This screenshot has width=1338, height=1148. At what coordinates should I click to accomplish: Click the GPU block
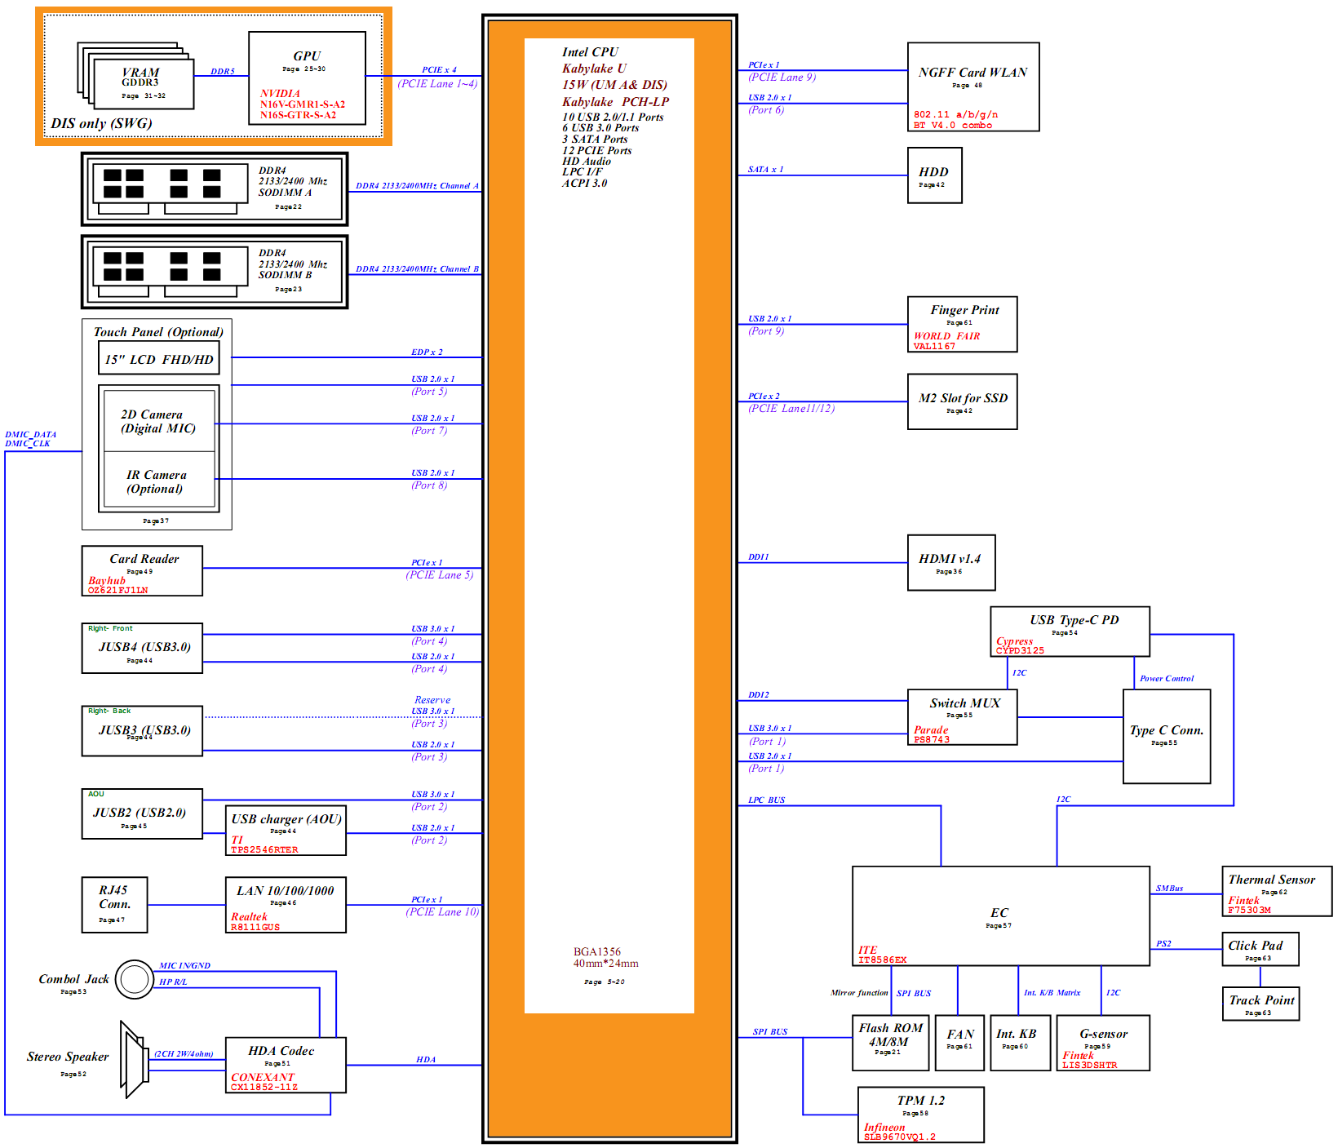tap(307, 78)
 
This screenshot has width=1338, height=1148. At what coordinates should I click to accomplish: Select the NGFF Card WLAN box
tap(972, 86)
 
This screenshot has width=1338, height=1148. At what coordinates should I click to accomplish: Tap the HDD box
tap(934, 175)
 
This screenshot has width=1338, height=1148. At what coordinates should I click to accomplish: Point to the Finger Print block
tap(962, 324)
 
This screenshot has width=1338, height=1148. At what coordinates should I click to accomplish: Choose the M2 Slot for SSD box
tap(962, 401)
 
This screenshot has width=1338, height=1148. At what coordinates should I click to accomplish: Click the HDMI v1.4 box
tap(950, 562)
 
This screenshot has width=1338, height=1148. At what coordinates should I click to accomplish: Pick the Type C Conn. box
tap(1166, 736)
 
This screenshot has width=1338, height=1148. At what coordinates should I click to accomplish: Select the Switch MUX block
tap(962, 716)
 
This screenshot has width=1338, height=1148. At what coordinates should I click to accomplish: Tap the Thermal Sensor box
tap(1276, 891)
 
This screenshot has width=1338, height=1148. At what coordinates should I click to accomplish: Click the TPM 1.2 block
tap(920, 1114)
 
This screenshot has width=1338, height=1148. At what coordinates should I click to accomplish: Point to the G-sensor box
tap(1102, 1042)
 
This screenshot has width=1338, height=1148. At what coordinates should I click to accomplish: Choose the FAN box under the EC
tap(959, 1042)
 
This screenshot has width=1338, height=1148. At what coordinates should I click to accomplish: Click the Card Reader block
tap(142, 570)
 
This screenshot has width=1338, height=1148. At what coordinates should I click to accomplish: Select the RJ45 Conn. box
tap(114, 904)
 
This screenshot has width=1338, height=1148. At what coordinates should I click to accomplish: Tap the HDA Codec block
tap(286, 1064)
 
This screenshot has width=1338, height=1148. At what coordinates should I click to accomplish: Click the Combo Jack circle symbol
tap(135, 979)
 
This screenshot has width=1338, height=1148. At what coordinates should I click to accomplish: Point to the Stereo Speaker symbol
tap(134, 1059)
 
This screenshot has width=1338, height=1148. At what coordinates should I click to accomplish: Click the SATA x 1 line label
tap(765, 170)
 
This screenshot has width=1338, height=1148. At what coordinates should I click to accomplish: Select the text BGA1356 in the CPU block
tap(596, 951)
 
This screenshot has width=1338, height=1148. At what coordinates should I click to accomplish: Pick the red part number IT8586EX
tap(882, 960)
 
